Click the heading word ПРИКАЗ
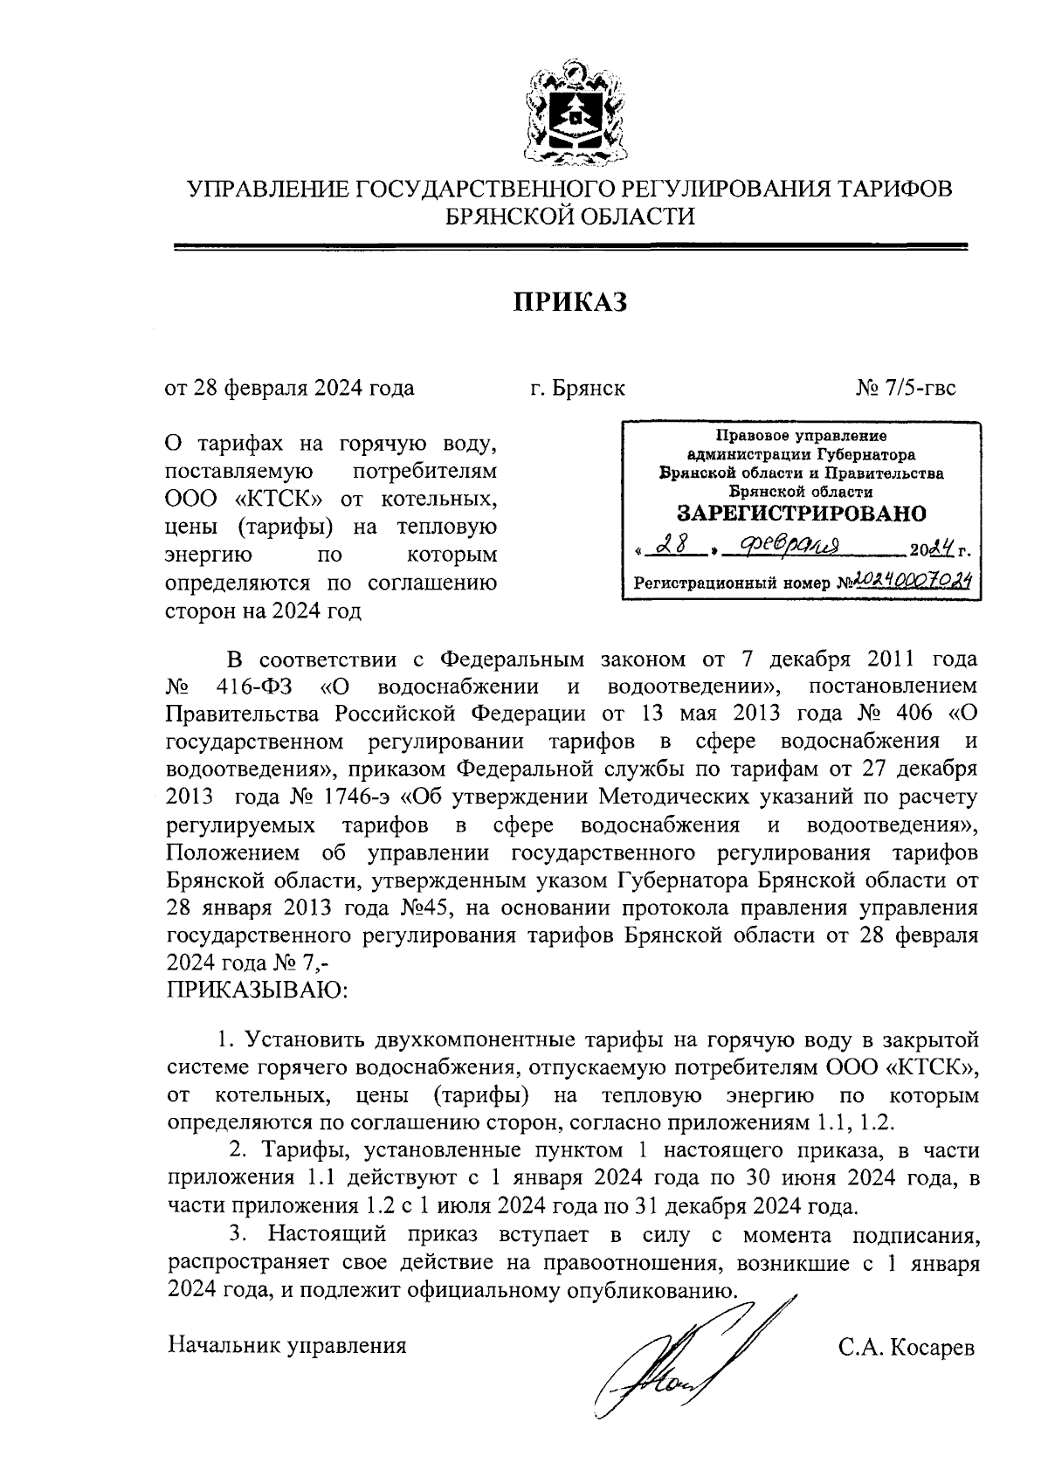[569, 302]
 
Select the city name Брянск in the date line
[589, 388]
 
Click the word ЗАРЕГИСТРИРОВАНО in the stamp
[803, 513]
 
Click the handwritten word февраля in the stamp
[789, 547]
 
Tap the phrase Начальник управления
[287, 1345]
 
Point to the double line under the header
[571, 247]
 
